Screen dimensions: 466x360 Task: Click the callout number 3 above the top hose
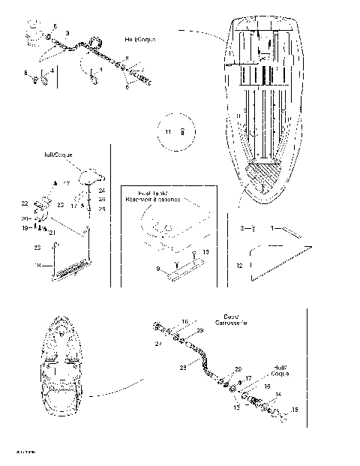pos(68,34)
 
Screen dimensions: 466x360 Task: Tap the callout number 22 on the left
pos(25,203)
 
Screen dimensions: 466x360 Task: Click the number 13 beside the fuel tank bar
pos(205,252)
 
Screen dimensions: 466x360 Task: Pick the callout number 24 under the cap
pos(102,191)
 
